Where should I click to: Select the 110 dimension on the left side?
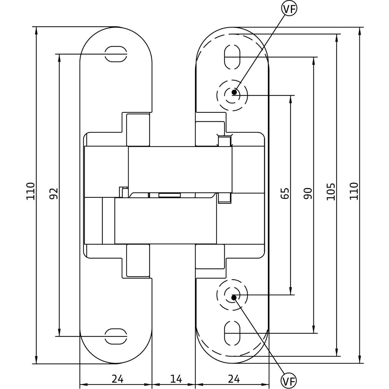tap(30, 191)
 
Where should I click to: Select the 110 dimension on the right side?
tap(353, 191)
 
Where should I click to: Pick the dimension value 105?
tap(331, 191)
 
